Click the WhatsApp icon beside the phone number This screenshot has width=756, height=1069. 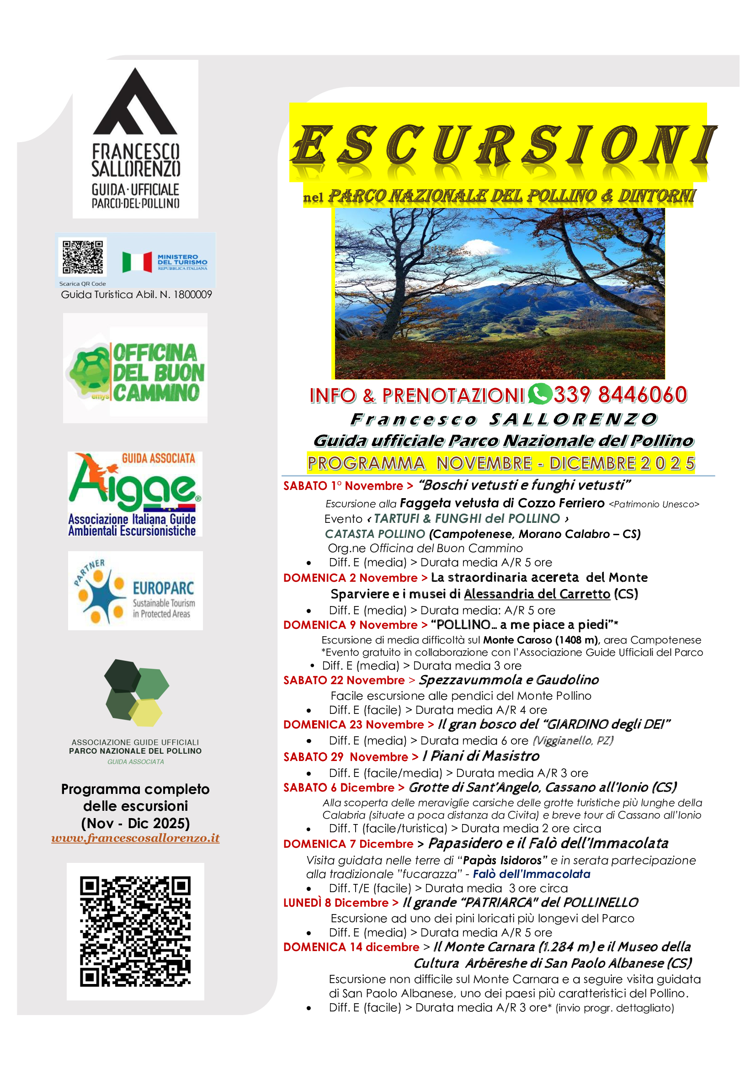click(539, 394)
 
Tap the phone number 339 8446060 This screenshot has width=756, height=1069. click(620, 395)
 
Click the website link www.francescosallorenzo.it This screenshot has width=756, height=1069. click(135, 838)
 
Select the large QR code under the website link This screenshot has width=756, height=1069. click(135, 931)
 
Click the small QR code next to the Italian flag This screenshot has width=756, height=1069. click(83, 257)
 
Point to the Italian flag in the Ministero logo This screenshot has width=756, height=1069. click(137, 262)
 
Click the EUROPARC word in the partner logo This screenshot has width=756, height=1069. click(163, 588)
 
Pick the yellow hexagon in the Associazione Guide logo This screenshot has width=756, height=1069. click(146, 713)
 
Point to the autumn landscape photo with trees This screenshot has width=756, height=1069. click(500, 293)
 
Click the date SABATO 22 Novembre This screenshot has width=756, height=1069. click(344, 680)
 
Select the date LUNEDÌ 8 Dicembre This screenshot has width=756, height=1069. click(335, 903)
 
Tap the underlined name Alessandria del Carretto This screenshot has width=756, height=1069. click(537, 594)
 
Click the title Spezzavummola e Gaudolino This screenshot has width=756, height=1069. click(509, 680)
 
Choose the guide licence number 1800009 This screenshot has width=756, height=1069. click(193, 294)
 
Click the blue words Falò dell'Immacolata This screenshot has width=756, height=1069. click(532, 874)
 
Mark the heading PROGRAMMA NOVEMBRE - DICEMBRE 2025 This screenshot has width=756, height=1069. click(501, 463)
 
